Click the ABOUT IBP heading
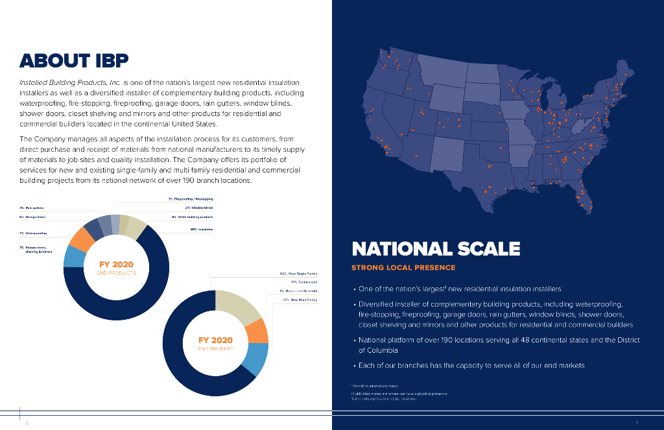(x=74, y=61)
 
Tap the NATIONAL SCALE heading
(x=436, y=248)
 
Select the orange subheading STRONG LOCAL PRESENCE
(x=403, y=267)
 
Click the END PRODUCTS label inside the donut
(x=117, y=273)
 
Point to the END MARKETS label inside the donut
(x=215, y=349)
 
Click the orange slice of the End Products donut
(x=82, y=241)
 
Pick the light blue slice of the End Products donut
(x=72, y=257)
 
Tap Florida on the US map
(x=584, y=195)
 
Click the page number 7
(x=637, y=423)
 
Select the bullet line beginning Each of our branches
(x=471, y=365)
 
